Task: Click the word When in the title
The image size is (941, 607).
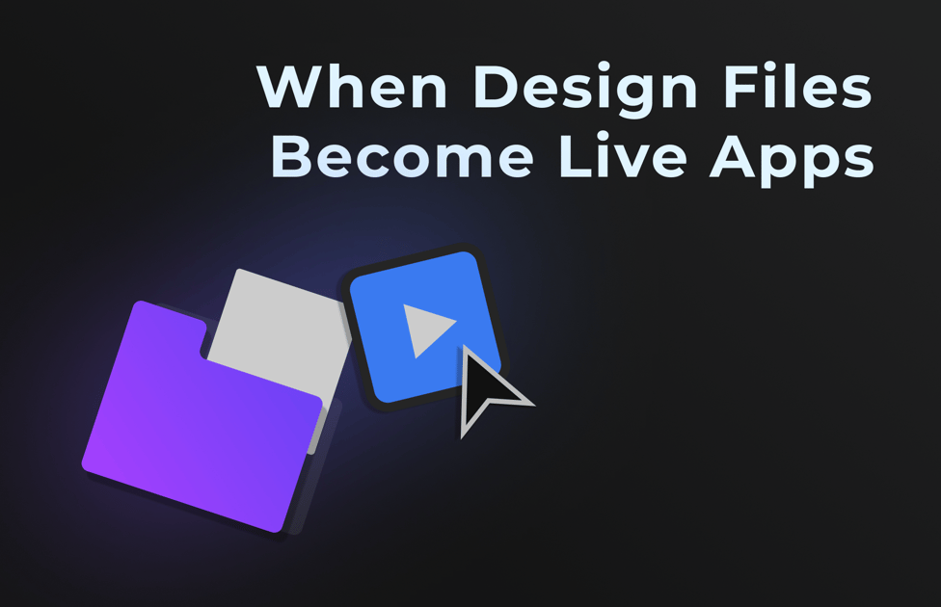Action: coord(352,86)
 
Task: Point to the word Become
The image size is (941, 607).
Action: coord(402,155)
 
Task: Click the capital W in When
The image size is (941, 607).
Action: coord(291,86)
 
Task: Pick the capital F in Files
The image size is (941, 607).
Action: coord(741,86)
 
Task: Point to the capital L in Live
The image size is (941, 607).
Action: coord(576,155)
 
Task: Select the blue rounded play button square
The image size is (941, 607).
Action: coord(425,327)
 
